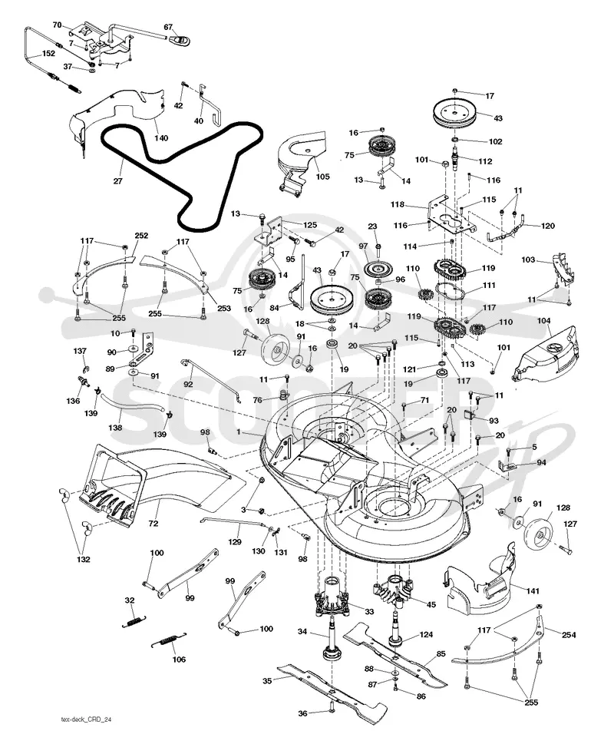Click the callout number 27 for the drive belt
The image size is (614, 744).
pos(117,180)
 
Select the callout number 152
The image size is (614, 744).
pos(48,54)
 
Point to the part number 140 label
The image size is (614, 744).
pos(161,138)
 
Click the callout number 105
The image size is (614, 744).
pos(322,177)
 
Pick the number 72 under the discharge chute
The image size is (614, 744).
pos(153,524)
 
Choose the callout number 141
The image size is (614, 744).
pos(533,590)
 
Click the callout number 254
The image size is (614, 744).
pos(569,634)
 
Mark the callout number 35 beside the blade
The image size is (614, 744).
pos(267,681)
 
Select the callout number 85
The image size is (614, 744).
pos(441,653)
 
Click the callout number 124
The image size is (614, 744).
pos(426,634)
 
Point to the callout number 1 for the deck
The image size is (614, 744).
pos(239,432)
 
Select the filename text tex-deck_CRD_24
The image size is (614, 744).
pos(87,719)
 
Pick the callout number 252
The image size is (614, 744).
pos(141,236)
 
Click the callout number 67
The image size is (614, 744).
pos(168,27)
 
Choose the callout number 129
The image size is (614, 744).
pos(235,541)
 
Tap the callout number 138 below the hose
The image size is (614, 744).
pos(115,427)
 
